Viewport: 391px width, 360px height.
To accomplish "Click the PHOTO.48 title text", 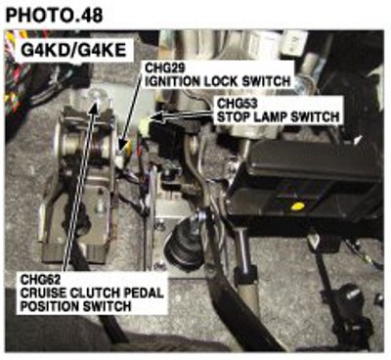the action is (x=54, y=15).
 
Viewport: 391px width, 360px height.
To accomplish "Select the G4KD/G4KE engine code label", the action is (x=73, y=51).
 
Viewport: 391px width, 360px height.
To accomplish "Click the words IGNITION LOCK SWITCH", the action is (x=217, y=81).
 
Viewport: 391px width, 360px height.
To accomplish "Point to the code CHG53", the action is (x=237, y=104).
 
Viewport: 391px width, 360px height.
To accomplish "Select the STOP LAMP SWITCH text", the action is (x=279, y=116).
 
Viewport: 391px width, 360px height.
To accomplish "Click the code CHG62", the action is (x=40, y=280).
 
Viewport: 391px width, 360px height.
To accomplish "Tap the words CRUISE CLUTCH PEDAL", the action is (x=92, y=292).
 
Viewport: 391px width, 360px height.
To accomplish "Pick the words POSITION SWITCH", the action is (x=75, y=306).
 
